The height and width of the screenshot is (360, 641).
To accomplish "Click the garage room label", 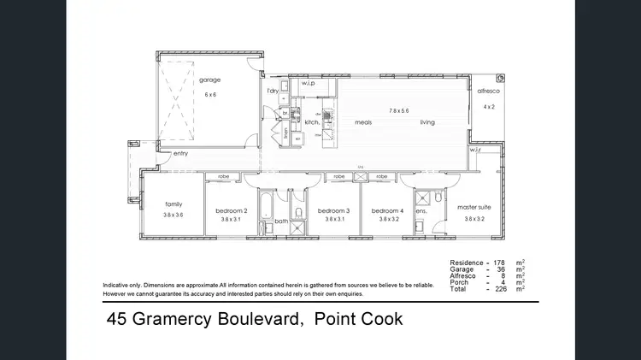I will click(x=210, y=80).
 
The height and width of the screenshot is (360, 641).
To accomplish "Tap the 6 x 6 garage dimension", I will click(x=210, y=95).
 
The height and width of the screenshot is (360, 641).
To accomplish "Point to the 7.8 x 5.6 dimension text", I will click(x=399, y=110).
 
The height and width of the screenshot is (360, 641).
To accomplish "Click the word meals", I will click(x=363, y=122).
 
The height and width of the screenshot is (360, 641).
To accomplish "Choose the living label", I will click(x=427, y=122).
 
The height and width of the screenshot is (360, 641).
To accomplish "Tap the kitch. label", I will click(x=312, y=122).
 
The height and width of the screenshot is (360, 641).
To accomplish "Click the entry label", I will click(x=180, y=154).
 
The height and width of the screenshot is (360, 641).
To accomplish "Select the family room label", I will click(x=174, y=204).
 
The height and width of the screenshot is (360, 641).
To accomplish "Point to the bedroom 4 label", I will click(x=387, y=210).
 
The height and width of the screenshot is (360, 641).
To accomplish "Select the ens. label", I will click(x=420, y=210).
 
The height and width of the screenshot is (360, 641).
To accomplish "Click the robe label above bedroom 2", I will click(x=224, y=176).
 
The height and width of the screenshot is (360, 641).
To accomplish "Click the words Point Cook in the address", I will click(x=358, y=321).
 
